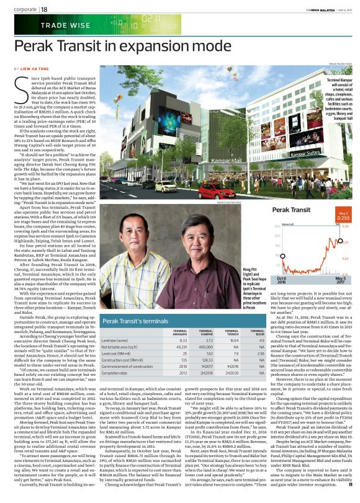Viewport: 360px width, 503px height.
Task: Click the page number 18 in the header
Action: [44, 9]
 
